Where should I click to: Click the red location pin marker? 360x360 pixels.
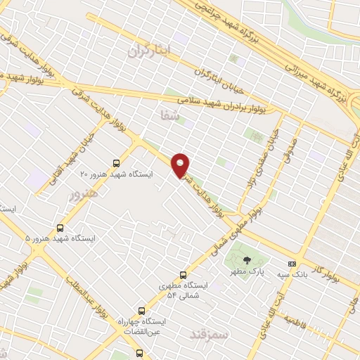point(181,165)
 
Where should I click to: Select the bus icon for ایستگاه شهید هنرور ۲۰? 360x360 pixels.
point(117,162)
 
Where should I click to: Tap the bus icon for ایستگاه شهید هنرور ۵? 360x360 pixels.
point(60,228)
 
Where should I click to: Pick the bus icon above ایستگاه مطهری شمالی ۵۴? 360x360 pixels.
point(184,275)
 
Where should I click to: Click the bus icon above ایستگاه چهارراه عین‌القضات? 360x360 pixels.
point(141,310)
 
